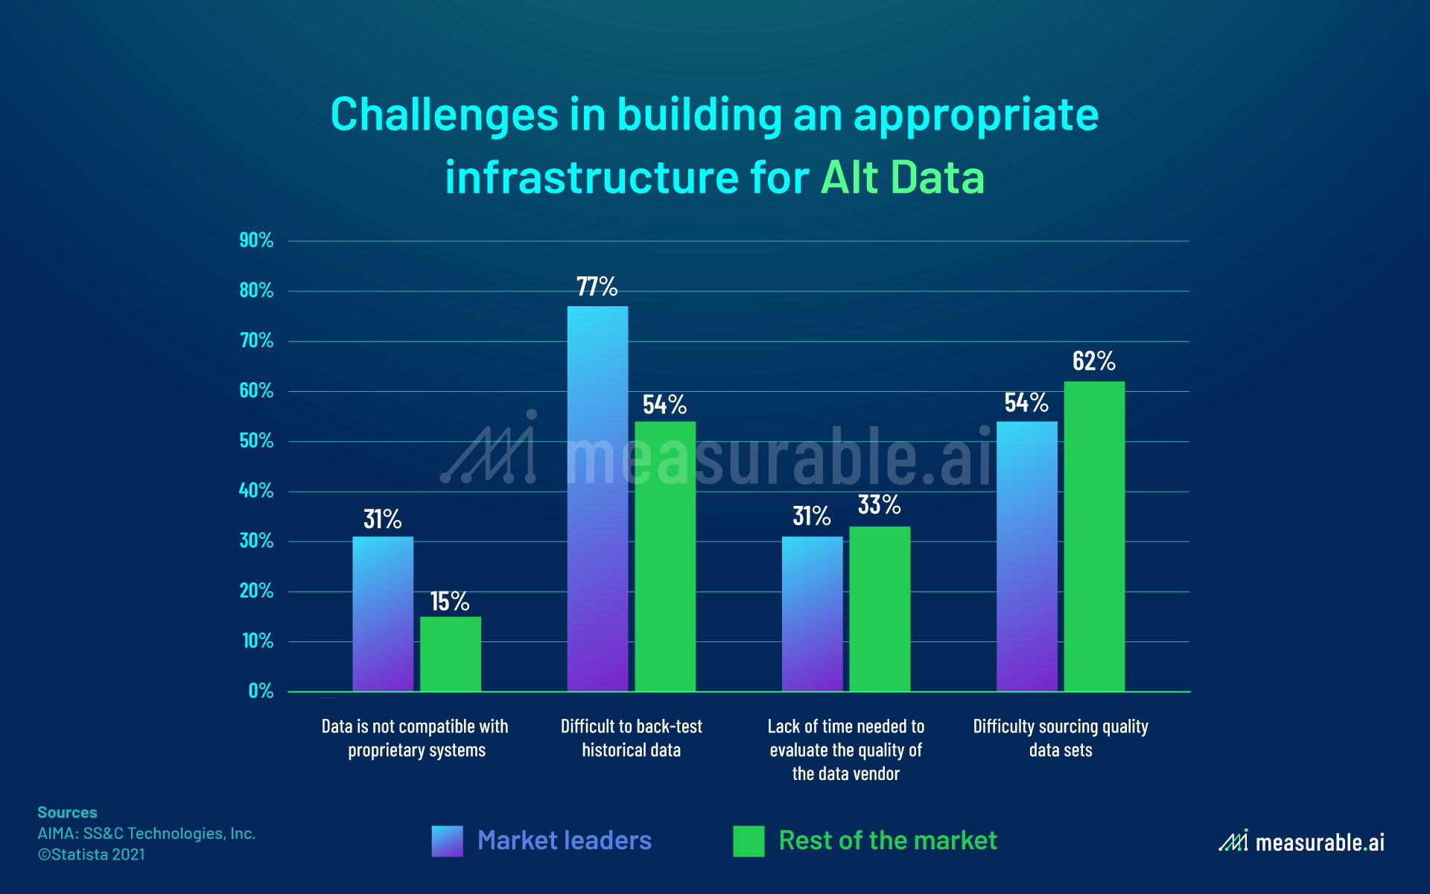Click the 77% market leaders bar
[597, 499]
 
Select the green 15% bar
[451, 654]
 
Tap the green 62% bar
[1094, 536]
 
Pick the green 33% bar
[880, 609]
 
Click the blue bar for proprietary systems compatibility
[383, 614]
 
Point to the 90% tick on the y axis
[256, 241]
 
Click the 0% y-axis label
[261, 691]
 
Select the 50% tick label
[256, 441]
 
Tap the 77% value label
[597, 287]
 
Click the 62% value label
[1093, 361]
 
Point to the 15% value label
[449, 601]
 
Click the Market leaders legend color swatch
[447, 841]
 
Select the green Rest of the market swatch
[749, 841]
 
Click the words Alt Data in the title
[903, 177]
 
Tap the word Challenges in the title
[444, 115]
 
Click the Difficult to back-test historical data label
[632, 738]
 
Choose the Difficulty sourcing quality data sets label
[1061, 738]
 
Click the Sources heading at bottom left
[67, 812]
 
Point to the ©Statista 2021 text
[92, 855]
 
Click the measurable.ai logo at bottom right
[1301, 842]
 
